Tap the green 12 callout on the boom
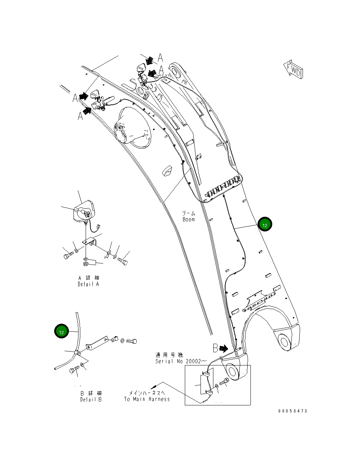click(265, 225)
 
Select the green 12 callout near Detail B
click(61, 331)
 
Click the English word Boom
click(189, 219)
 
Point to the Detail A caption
click(88, 284)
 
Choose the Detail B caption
click(91, 399)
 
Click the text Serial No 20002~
click(181, 361)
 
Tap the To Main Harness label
click(147, 399)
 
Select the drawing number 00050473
click(293, 411)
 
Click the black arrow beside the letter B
click(224, 348)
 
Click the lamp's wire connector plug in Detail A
click(98, 226)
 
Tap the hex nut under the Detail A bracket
click(86, 263)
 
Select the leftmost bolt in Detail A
click(68, 256)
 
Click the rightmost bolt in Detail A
click(123, 261)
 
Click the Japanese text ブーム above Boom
click(189, 213)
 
